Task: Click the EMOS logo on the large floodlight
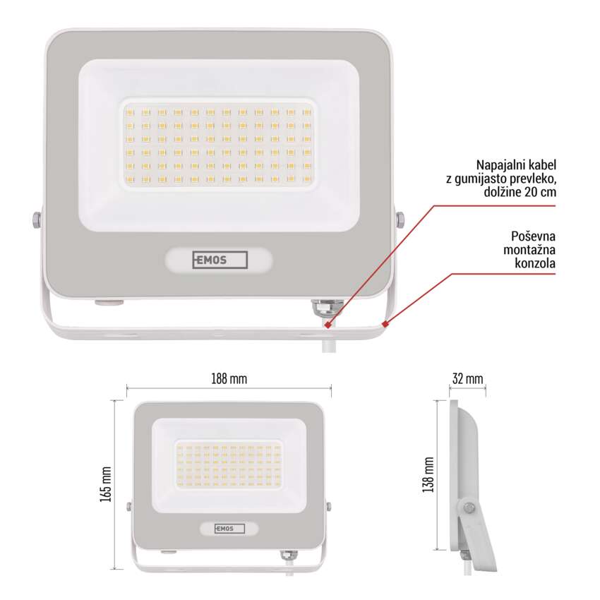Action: point(220,260)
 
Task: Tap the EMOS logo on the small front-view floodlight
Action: point(229,529)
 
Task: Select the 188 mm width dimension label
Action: point(229,379)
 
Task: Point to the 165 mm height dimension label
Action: point(105,484)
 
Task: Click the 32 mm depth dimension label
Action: point(467,379)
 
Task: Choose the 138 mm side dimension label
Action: point(428,474)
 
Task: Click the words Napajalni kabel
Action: point(516,165)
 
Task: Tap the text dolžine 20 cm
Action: point(520,192)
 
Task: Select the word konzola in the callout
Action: point(535,263)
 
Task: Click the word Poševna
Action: point(533,236)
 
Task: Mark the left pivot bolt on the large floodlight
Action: point(36,220)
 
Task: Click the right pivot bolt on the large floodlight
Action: point(400,220)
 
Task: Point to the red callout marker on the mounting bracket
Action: point(385,325)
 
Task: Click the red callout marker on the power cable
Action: point(328,325)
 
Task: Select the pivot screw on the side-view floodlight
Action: point(469,508)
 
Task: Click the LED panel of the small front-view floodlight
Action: point(229,465)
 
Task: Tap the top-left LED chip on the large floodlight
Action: point(130,112)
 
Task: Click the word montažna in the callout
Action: point(529,250)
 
